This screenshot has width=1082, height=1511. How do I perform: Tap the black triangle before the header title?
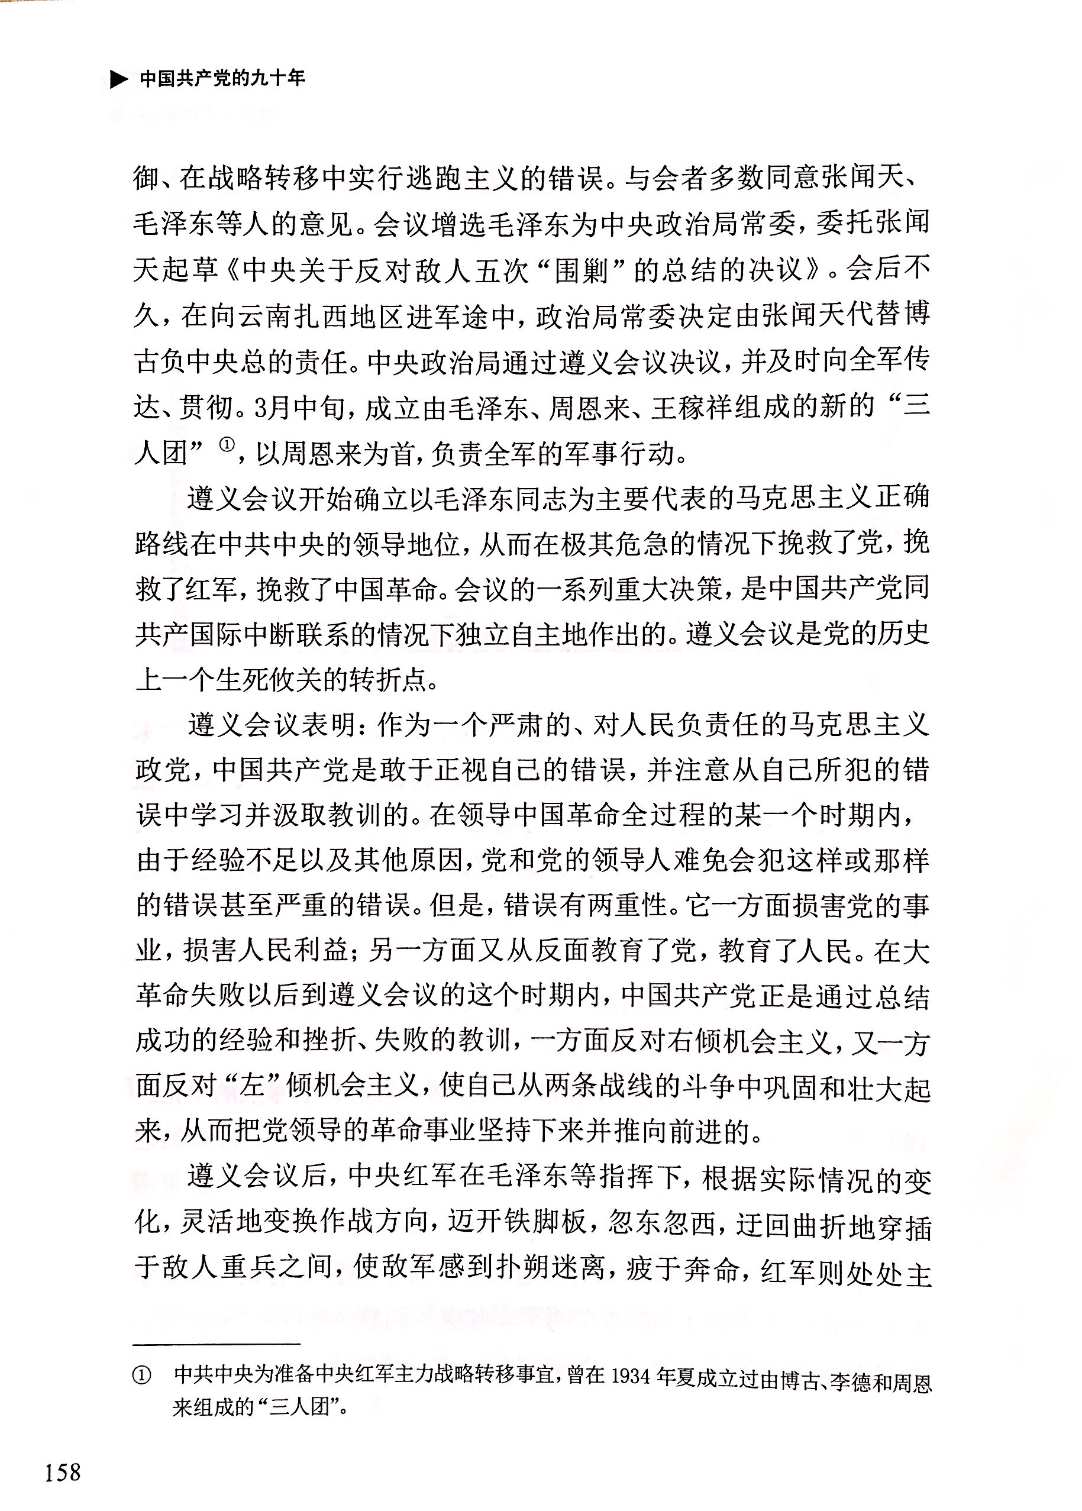(x=118, y=80)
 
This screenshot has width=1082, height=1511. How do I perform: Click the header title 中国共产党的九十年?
(x=222, y=79)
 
